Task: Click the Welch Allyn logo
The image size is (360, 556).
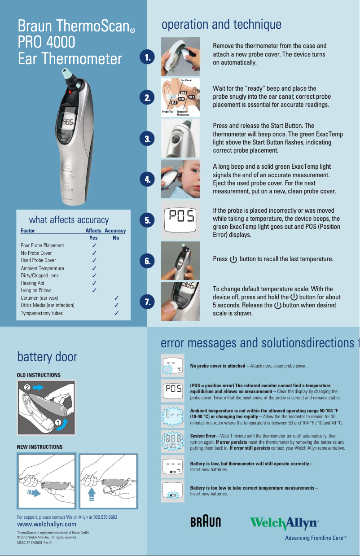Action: tap(284, 523)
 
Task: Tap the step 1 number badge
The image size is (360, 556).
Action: tap(147, 57)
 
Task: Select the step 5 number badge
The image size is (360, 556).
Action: tap(147, 220)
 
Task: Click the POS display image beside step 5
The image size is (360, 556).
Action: tap(180, 219)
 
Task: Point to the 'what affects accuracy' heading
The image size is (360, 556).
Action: tap(69, 220)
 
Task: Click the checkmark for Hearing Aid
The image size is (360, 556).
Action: tap(94, 283)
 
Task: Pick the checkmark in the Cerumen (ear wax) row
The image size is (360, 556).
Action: tap(116, 298)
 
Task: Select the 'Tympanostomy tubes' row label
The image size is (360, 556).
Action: tap(42, 313)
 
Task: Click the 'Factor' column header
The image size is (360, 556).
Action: tap(28, 231)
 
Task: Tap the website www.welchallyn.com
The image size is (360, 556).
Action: tap(46, 524)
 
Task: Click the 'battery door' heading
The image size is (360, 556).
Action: tap(47, 357)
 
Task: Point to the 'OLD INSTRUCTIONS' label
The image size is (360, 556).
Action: tap(38, 375)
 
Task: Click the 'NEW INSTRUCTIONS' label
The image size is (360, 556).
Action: tap(40, 447)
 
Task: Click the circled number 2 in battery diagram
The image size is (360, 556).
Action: tap(27, 386)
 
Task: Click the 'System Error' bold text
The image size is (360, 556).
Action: tap(203, 436)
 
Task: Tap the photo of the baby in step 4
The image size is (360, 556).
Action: tap(180, 179)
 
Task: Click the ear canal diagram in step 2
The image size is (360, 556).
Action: tap(180, 97)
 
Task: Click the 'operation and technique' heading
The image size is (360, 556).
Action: tap(221, 24)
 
